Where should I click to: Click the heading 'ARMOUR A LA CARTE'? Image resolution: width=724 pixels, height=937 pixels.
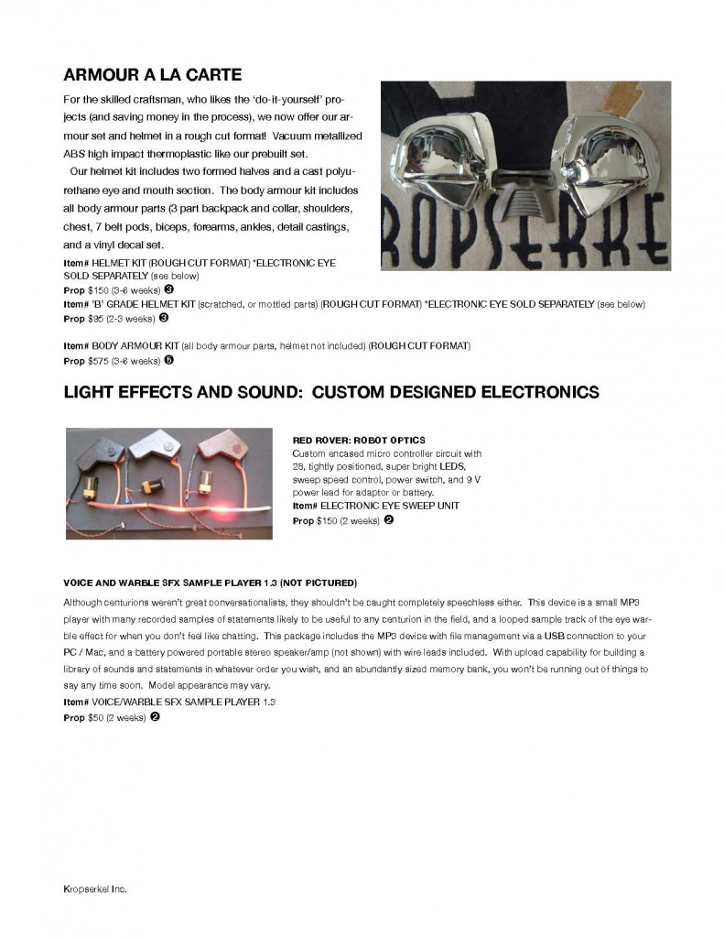point(152,74)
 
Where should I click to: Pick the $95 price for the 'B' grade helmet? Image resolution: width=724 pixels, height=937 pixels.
point(96,319)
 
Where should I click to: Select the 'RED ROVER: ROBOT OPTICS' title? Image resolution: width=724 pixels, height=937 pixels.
point(358,441)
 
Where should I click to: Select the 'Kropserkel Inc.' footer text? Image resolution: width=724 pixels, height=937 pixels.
point(94,889)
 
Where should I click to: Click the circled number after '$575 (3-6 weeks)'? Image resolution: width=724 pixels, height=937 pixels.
point(169,360)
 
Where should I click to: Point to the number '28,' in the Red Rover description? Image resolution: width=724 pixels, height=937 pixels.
point(298,466)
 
